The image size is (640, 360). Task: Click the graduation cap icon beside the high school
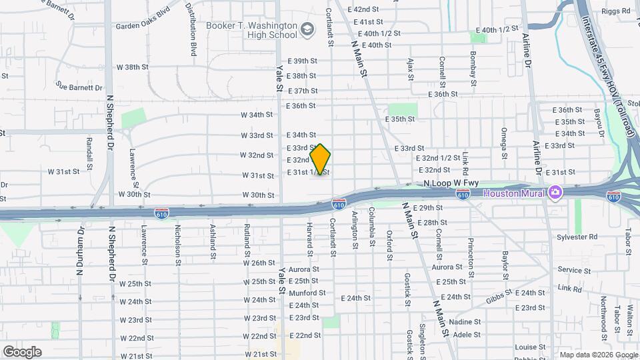(x=307, y=29)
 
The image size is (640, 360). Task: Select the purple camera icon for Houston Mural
(x=555, y=193)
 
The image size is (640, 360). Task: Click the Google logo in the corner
(x=22, y=352)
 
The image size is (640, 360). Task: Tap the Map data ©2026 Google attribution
(x=598, y=355)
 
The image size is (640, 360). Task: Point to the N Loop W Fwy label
(x=451, y=182)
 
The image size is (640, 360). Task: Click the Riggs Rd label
(x=616, y=11)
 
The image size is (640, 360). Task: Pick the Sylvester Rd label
(x=577, y=237)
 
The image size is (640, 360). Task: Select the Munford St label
(x=307, y=293)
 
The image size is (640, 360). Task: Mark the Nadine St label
(x=465, y=321)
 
